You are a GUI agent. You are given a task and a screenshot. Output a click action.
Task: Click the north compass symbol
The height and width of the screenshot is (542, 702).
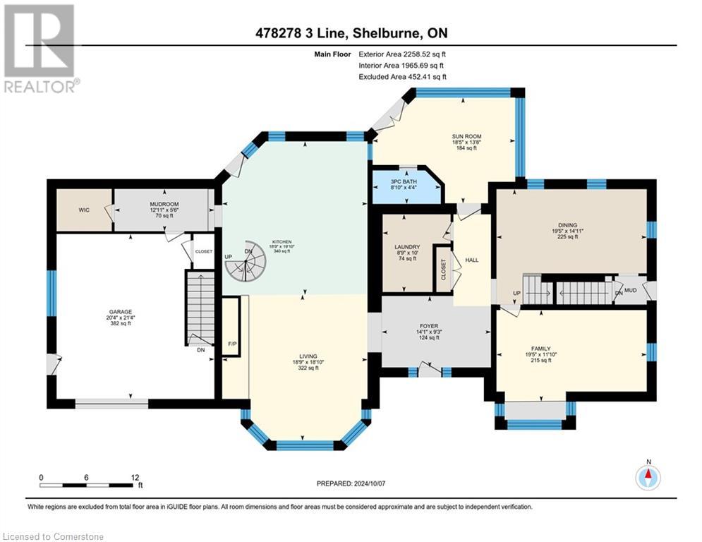point(648,478)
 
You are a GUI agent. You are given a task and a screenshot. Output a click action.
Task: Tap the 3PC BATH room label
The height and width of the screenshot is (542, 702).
point(404,182)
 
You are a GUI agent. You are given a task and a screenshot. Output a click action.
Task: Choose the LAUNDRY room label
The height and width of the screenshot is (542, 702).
point(407,247)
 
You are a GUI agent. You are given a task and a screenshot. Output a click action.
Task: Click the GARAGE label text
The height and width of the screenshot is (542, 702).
point(120,311)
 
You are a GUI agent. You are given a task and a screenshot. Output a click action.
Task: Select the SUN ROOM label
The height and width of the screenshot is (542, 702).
point(466,136)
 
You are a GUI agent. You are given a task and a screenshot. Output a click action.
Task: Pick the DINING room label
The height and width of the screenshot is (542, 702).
point(567,223)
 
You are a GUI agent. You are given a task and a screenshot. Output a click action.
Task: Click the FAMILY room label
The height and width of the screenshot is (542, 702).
point(541,349)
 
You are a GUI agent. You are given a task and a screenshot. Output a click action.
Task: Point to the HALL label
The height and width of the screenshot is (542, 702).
point(472,260)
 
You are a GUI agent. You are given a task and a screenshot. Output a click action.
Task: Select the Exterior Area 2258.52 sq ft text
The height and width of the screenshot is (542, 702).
point(402,54)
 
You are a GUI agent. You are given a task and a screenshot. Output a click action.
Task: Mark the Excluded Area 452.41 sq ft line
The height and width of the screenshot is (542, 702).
point(402,77)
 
